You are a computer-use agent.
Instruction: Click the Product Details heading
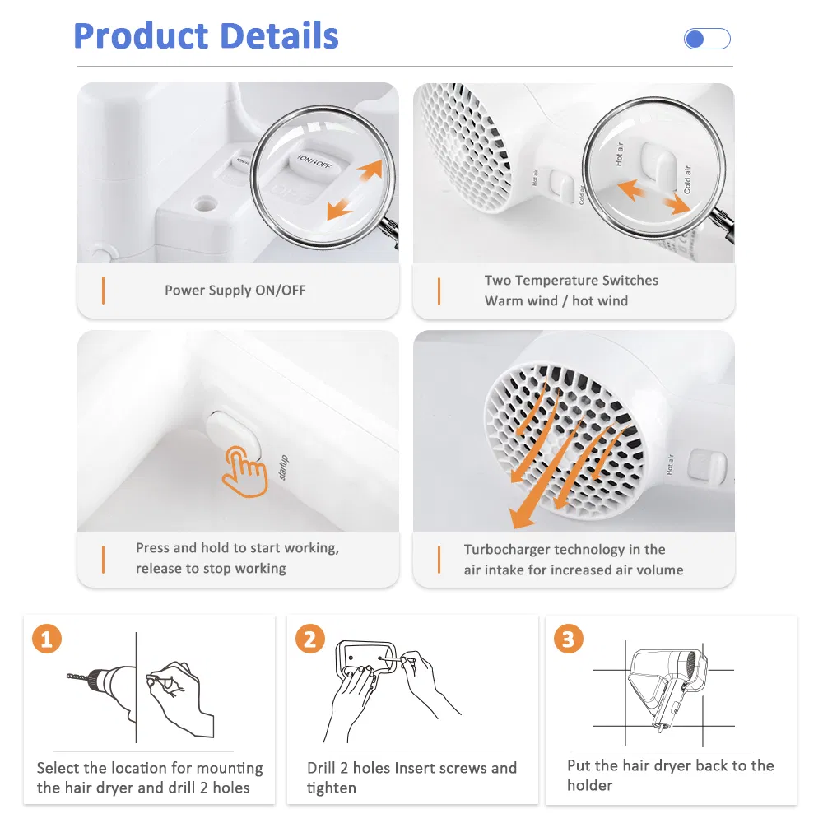pyautogui.click(x=206, y=37)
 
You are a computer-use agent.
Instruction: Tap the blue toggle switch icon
pyautogui.click(x=707, y=39)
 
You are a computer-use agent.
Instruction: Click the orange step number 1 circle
pyautogui.click(x=47, y=639)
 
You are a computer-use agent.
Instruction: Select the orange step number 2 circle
pyautogui.click(x=310, y=639)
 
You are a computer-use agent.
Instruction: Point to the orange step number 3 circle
pyautogui.click(x=569, y=639)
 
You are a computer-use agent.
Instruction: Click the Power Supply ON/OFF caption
pyautogui.click(x=235, y=291)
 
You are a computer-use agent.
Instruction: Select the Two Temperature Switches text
pyautogui.click(x=571, y=281)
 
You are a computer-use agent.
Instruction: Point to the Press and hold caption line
pyautogui.click(x=237, y=548)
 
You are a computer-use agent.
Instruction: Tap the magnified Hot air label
pyautogui.click(x=620, y=154)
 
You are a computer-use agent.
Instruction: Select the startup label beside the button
pyautogui.click(x=284, y=467)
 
